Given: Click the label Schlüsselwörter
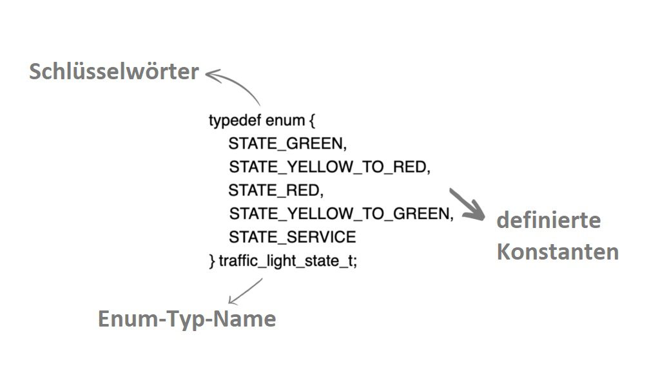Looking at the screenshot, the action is (113, 71).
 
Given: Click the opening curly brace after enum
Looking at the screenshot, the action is (312, 121).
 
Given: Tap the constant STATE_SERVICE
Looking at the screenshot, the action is (293, 237).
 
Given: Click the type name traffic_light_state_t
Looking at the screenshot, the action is (286, 261).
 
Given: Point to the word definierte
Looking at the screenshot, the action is (549, 220).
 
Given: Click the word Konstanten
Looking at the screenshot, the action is (558, 252).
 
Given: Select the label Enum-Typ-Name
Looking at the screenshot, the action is (187, 318).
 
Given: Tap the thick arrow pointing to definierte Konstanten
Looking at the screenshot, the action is (467, 204).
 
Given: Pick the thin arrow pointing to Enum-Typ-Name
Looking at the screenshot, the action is (245, 291).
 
